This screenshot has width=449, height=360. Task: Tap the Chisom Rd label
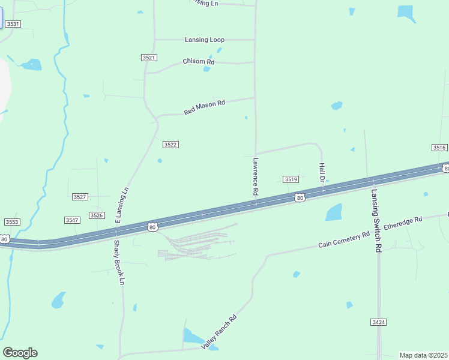point(199,62)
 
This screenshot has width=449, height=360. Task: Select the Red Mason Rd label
point(204,107)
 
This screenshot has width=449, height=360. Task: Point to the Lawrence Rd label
point(256,176)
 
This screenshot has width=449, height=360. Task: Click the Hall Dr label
point(322,172)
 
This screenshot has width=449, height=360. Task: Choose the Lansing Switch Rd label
point(376,220)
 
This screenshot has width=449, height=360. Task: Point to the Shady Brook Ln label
point(119,262)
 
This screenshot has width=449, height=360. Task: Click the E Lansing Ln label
point(122,205)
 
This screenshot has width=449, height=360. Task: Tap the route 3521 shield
point(149,58)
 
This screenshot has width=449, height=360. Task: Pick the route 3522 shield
point(170,145)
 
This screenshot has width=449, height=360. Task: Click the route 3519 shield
point(291,179)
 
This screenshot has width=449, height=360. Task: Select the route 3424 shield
point(378,322)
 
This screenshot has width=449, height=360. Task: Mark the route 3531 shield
point(13,24)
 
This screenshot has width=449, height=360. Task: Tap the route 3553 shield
point(12,222)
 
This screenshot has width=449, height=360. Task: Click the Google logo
point(20,353)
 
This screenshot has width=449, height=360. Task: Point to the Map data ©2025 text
point(423,355)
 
